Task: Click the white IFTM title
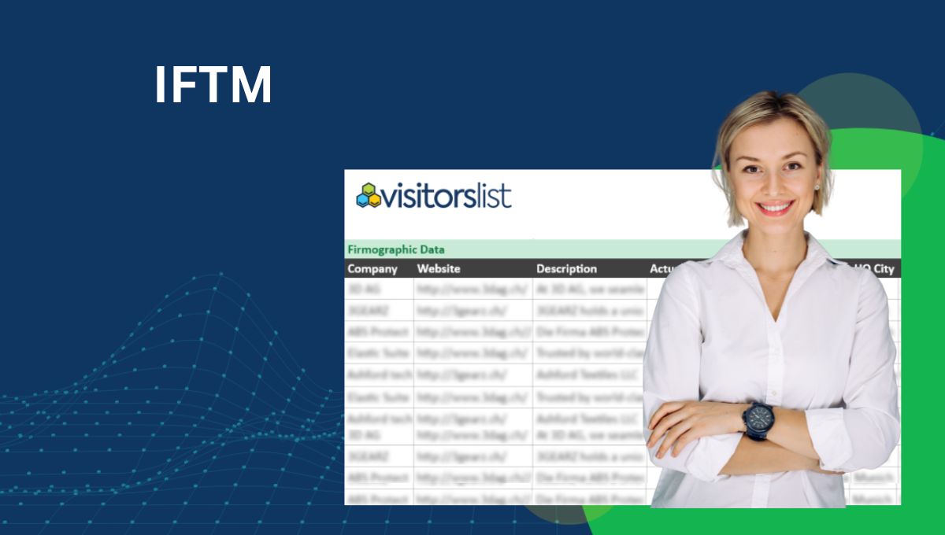click(213, 85)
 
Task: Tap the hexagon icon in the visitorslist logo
click(368, 195)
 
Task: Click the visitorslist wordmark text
click(447, 195)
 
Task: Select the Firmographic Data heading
click(395, 249)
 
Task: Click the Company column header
click(372, 269)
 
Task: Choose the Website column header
click(439, 269)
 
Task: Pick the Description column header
click(566, 269)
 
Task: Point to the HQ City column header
click(874, 269)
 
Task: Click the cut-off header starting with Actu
click(660, 269)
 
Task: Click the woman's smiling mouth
click(775, 208)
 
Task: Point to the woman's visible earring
click(817, 186)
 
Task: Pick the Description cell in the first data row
click(589, 290)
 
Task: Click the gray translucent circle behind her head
click(882, 118)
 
